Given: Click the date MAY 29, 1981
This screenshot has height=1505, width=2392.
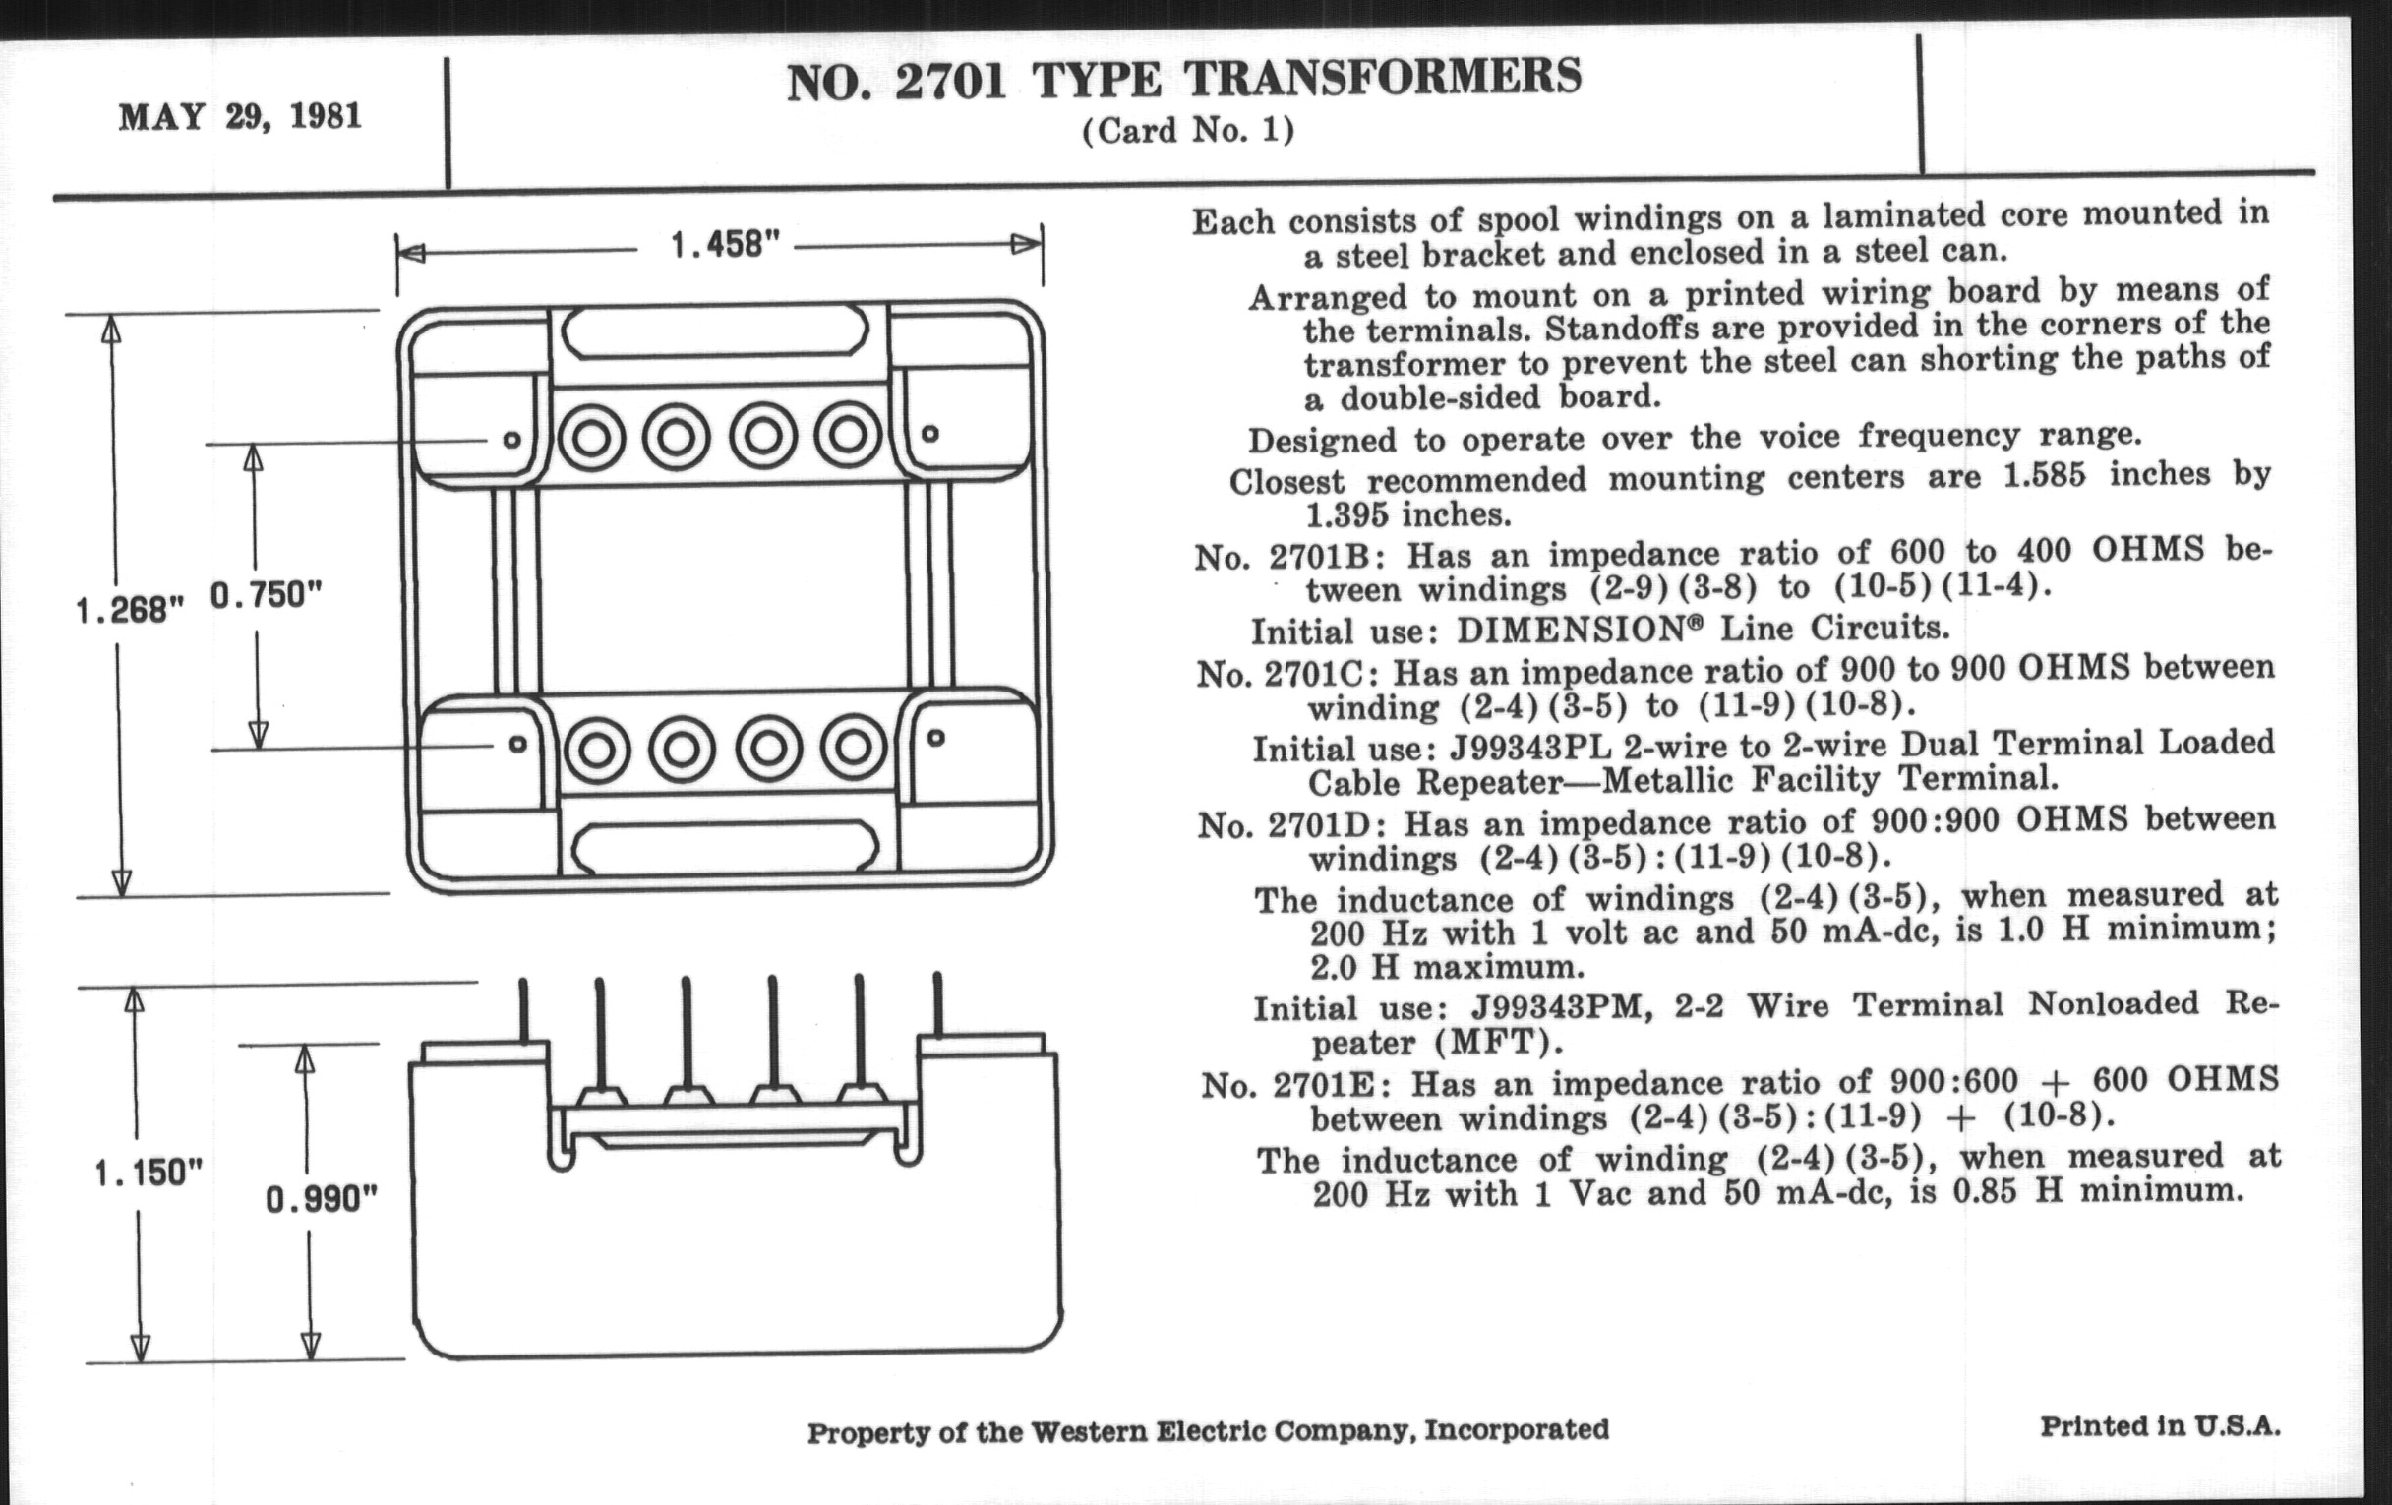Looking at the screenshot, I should [x=239, y=116].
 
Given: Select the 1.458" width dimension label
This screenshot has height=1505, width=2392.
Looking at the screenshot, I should [x=724, y=244].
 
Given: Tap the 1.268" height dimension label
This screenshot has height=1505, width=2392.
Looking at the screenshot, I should [x=130, y=609].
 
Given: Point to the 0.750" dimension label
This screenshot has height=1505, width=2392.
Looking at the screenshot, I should [x=267, y=595].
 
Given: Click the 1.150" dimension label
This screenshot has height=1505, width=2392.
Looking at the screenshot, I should [x=148, y=1174].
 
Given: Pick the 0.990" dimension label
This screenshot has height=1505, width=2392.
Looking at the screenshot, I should [x=321, y=1200].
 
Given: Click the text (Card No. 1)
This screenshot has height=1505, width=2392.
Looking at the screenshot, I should [x=1188, y=131].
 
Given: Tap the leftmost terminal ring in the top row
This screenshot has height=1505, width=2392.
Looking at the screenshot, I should [x=591, y=437].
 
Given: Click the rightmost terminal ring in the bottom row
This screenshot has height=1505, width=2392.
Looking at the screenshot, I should [x=854, y=747].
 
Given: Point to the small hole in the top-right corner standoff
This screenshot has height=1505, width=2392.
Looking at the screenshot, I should [x=929, y=433].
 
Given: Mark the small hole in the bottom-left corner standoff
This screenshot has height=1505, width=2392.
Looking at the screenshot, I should [x=517, y=743].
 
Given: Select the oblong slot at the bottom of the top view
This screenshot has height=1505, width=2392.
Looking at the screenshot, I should [x=725, y=847].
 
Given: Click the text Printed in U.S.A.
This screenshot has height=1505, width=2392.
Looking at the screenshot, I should [x=2160, y=1426].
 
